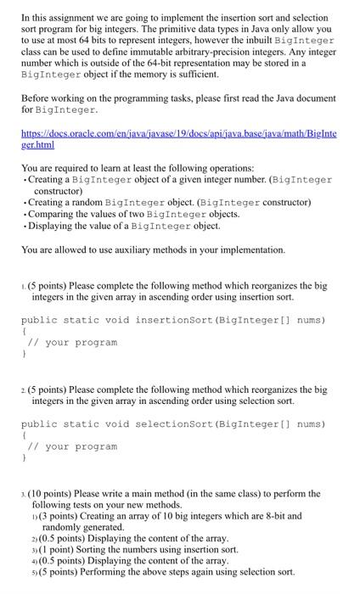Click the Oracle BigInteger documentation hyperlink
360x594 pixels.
(x=178, y=140)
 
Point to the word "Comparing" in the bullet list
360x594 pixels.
(x=54, y=214)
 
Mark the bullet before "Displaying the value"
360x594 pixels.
(x=25, y=226)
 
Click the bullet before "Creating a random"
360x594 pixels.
(x=25, y=203)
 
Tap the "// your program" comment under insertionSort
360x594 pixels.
(x=72, y=343)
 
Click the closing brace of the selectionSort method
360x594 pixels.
(x=25, y=458)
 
